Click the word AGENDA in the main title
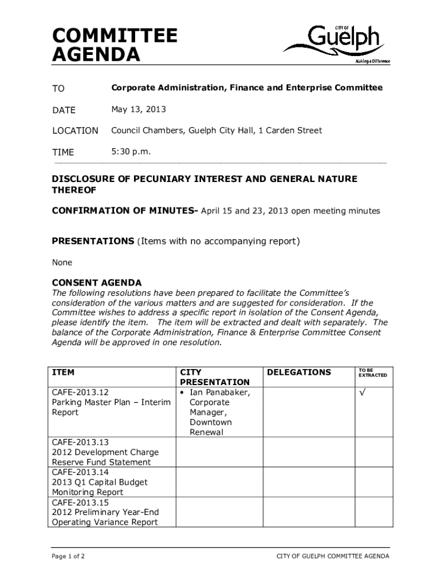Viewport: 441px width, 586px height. (96, 56)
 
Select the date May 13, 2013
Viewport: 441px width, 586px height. (139, 109)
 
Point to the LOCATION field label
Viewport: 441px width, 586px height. (75, 130)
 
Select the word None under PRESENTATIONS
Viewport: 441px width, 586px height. (62, 263)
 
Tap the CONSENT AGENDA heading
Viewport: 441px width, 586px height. (97, 283)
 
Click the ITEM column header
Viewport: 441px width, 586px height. (63, 373)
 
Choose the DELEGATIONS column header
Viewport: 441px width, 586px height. (299, 373)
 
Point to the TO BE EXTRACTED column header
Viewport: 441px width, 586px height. (372, 373)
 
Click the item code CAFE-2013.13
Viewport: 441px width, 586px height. (80, 442)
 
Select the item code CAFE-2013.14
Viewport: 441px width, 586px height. (80, 472)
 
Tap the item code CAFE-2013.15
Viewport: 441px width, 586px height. (80, 502)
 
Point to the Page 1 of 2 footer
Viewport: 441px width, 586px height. (69, 556)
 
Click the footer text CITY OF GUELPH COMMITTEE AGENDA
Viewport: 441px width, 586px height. (333, 556)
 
